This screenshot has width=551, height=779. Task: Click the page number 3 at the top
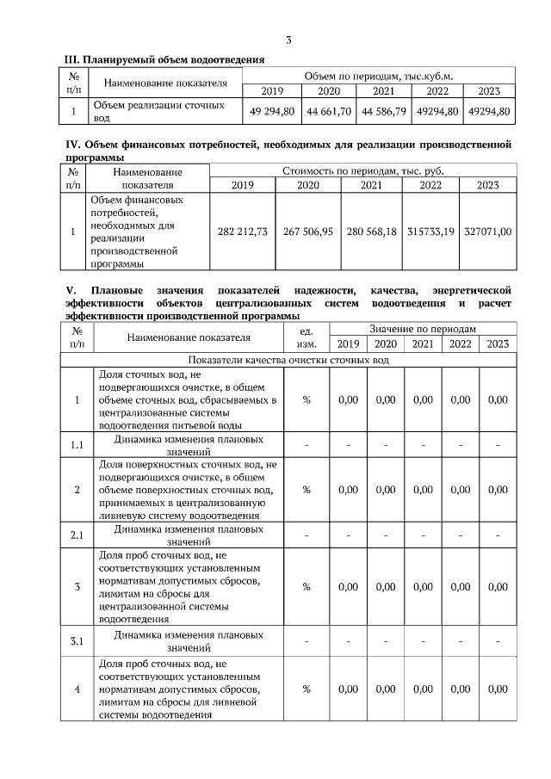tap(289, 40)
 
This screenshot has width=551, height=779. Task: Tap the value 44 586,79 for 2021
tap(383, 112)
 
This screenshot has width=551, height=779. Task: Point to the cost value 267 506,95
tap(308, 232)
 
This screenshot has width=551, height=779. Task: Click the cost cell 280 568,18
tap(371, 232)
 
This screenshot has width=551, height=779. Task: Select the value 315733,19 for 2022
tap(430, 232)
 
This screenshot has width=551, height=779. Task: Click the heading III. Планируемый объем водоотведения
tap(164, 59)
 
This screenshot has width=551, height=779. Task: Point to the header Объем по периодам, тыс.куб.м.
tap(379, 77)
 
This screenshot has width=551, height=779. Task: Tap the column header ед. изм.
tap(306, 337)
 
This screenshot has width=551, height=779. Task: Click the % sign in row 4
tap(306, 689)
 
